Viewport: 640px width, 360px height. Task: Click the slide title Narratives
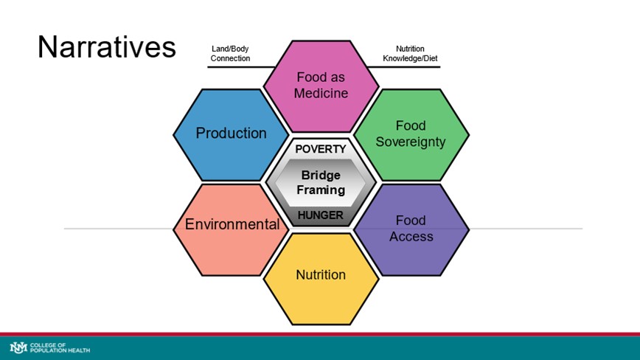tap(107, 47)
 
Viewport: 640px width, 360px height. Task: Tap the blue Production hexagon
tap(231, 134)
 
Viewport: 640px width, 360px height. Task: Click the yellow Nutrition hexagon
tap(321, 275)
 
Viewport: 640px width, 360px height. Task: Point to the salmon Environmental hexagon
tap(232, 224)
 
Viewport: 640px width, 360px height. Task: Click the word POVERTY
tap(320, 149)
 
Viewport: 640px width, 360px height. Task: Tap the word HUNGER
tap(320, 215)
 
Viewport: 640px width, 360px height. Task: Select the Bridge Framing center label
tap(321, 182)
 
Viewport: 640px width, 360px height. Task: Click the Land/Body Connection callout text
tap(231, 54)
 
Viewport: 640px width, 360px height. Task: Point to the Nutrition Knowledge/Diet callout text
tap(411, 54)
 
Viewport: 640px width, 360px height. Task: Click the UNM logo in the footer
tap(18, 347)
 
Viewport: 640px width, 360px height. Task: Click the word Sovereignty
tap(411, 142)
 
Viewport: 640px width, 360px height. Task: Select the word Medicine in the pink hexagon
tap(321, 93)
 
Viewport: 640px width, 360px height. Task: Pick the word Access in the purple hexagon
tap(411, 237)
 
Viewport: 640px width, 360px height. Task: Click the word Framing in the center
tap(321, 190)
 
